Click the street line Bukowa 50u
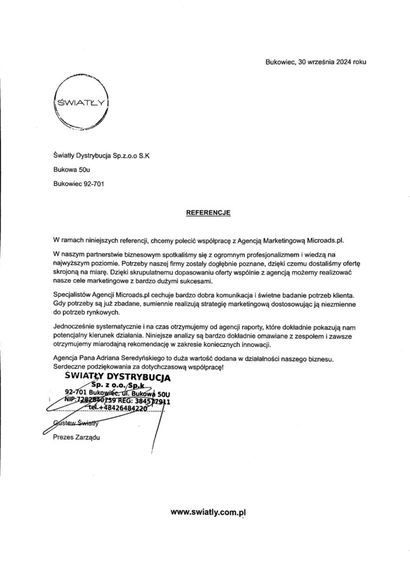(x=71, y=169)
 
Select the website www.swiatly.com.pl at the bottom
(x=212, y=513)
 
